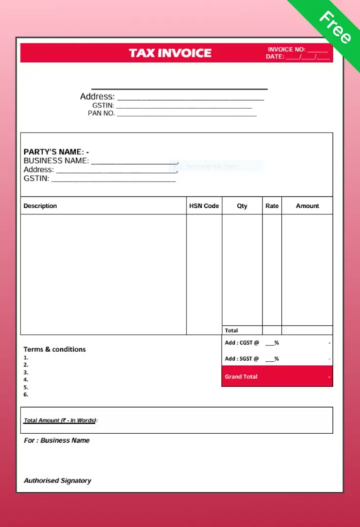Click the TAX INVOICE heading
[170, 53]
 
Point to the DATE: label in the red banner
[275, 56]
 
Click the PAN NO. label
[101, 113]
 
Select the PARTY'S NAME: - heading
[56, 152]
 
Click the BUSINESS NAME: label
[56, 160]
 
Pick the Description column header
[40, 206]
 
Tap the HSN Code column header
[204, 206]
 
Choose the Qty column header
[242, 206]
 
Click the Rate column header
[272, 206]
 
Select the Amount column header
[307, 206]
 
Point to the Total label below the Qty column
[231, 330]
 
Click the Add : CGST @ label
[242, 343]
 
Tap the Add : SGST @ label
[242, 359]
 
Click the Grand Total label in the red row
[241, 376]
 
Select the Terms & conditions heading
[55, 349]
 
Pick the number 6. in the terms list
[26, 395]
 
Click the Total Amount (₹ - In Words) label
[60, 420]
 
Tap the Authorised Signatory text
[58, 481]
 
